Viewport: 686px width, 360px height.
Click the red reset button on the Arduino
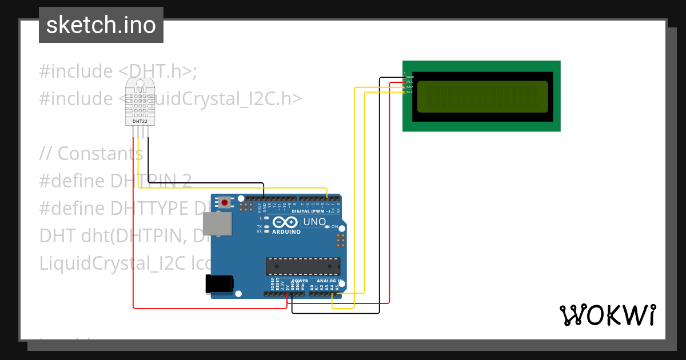click(x=225, y=202)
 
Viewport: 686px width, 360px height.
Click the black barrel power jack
click(x=220, y=284)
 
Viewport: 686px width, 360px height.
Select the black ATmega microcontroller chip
click(x=302, y=266)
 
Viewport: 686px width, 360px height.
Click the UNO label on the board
click(x=314, y=222)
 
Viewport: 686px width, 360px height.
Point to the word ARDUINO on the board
click(x=286, y=232)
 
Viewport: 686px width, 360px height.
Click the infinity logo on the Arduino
click(x=285, y=222)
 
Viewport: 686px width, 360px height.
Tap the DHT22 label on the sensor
click(x=140, y=121)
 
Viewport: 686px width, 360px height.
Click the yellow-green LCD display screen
click(x=482, y=96)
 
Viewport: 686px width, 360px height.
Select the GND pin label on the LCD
click(x=410, y=77)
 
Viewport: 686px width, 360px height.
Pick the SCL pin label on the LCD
click(x=409, y=92)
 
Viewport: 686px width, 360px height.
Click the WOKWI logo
click(x=607, y=315)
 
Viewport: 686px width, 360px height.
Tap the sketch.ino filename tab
click(x=101, y=25)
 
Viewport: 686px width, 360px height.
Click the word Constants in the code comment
click(x=100, y=153)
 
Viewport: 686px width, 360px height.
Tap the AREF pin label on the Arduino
click(x=259, y=206)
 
